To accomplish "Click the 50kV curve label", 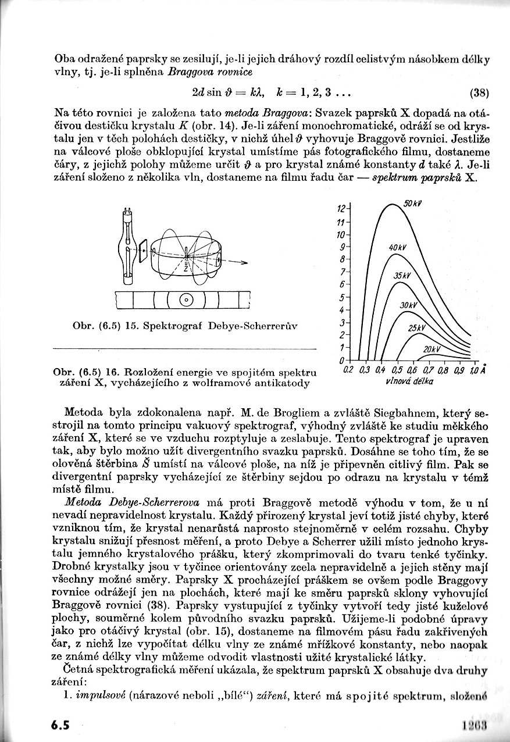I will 412,204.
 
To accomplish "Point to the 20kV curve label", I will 431,349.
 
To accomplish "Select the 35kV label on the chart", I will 402,276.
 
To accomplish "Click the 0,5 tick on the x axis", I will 397,370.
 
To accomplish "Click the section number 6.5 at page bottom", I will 60,725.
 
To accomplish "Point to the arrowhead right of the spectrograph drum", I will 244,263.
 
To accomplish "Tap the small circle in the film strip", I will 186,300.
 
